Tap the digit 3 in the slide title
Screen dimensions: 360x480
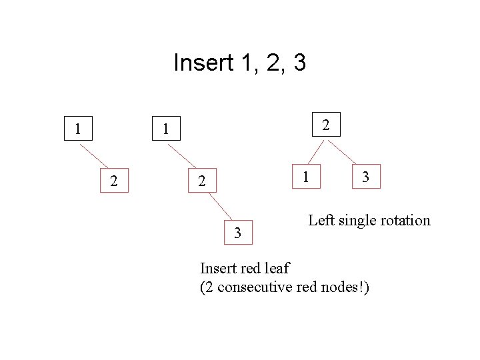(299, 63)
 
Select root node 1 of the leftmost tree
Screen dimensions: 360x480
(78, 129)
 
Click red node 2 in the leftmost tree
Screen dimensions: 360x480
(114, 181)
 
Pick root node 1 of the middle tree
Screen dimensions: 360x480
(166, 129)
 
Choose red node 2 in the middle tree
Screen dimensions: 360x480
(202, 181)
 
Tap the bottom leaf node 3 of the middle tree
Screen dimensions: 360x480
(238, 233)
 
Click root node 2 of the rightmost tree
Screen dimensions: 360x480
(325, 125)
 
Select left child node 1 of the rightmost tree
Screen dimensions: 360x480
(305, 177)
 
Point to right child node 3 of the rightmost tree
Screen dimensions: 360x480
(365, 177)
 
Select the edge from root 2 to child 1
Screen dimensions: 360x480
(311, 151)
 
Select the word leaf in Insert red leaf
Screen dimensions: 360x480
(277, 269)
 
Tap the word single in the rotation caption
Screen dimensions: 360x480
(357, 221)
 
